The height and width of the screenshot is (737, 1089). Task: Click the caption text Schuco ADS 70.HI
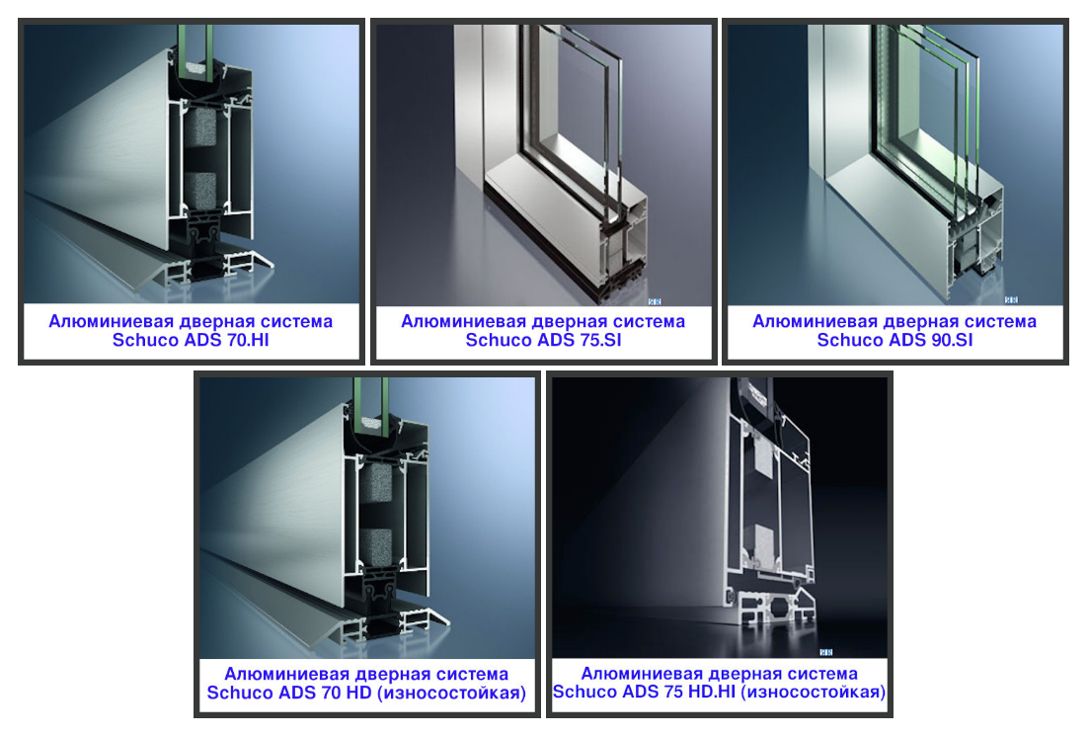pyautogui.click(x=191, y=340)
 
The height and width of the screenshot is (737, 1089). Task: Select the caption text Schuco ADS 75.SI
pyautogui.click(x=543, y=340)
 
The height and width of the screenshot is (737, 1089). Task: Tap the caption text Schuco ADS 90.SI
pyautogui.click(x=895, y=340)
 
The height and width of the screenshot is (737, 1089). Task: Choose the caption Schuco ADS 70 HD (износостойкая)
pyautogui.click(x=366, y=693)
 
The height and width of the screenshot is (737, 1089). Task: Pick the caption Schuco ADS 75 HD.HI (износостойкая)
pyautogui.click(x=719, y=692)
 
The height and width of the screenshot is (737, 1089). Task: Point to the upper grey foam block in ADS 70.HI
pyautogui.click(x=200, y=127)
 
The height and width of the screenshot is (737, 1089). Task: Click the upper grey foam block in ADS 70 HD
pyautogui.click(x=376, y=482)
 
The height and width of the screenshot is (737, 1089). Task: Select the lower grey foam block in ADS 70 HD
pyautogui.click(x=376, y=546)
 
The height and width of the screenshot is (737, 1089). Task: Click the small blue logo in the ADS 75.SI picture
pyautogui.click(x=655, y=301)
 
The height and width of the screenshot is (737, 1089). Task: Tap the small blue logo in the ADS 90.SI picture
pyautogui.click(x=1011, y=300)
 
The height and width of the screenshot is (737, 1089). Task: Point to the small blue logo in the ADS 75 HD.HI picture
pyautogui.click(x=825, y=652)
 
